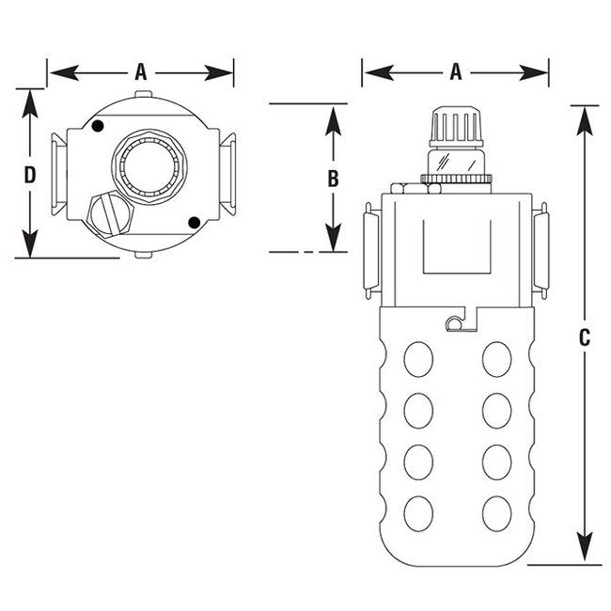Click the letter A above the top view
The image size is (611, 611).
[x=141, y=70]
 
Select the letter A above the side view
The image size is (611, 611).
[x=456, y=70]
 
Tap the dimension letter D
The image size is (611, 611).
[x=31, y=175]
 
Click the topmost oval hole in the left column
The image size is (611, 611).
[x=417, y=359]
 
